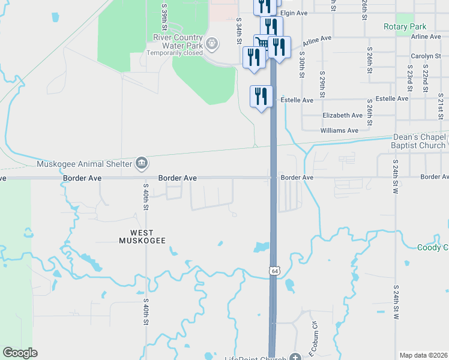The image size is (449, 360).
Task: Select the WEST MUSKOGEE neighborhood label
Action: (x=142, y=236)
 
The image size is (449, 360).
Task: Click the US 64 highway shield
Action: (x=274, y=271)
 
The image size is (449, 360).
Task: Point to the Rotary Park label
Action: (x=405, y=27)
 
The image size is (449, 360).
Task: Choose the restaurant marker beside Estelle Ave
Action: (x=261, y=97)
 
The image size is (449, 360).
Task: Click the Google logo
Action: (x=20, y=353)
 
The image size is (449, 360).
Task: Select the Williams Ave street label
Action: (x=339, y=130)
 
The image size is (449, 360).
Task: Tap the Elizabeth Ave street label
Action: (x=342, y=115)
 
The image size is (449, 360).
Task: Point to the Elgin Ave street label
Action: (x=294, y=13)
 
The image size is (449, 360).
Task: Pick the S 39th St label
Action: (x=164, y=16)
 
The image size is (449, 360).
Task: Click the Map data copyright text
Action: (x=423, y=355)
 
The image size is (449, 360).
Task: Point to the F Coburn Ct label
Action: (x=313, y=338)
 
